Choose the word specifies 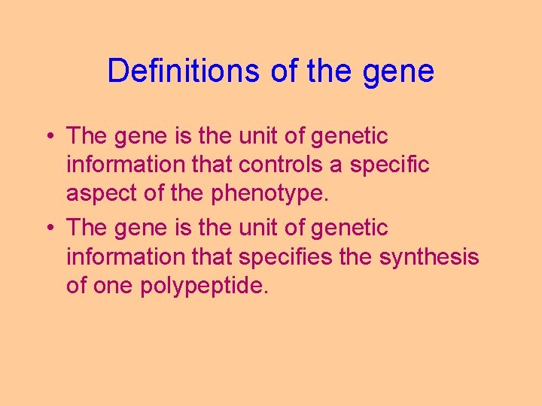[x=285, y=257]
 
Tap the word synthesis [x=428, y=257]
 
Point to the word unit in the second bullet [x=257, y=228]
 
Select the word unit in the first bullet [x=257, y=136]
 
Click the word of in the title [x=279, y=71]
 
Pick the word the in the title [x=327, y=71]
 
